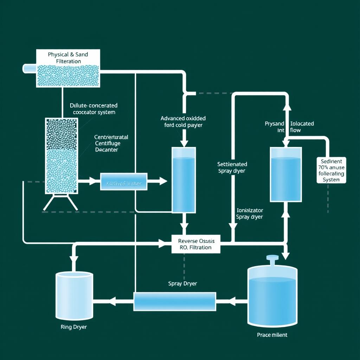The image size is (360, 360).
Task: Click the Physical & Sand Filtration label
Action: pyautogui.click(x=68, y=58)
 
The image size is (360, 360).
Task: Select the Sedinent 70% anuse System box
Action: pyautogui.click(x=332, y=170)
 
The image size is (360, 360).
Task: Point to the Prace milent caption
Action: pyautogui.click(x=272, y=335)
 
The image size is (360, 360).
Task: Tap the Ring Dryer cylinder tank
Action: pyautogui.click(x=74, y=295)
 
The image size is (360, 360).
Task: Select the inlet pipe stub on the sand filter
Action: pyautogui.click(x=30, y=69)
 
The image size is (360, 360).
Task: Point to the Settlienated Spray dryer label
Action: pyautogui.click(x=232, y=167)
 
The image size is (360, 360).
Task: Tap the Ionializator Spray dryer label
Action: pyautogui.click(x=249, y=213)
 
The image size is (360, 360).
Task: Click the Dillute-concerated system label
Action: pyautogui.click(x=94, y=109)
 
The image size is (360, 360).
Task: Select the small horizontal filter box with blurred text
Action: pyautogui.click(x=124, y=181)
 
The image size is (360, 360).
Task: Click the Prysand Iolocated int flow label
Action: pyautogui.click(x=289, y=127)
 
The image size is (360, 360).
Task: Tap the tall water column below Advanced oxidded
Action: pyautogui.click(x=183, y=180)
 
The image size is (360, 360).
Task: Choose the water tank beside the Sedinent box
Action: pyautogui.click(x=285, y=174)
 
